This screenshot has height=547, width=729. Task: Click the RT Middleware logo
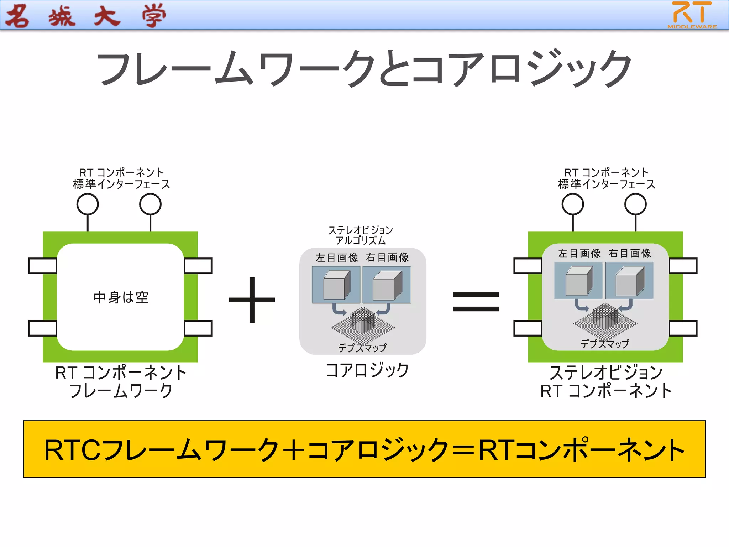click(x=692, y=15)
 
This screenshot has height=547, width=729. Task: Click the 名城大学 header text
click(x=85, y=16)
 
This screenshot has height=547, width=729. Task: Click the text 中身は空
click(x=121, y=297)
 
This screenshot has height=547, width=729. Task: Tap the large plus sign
click(x=252, y=300)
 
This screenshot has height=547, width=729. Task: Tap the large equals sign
click(x=476, y=301)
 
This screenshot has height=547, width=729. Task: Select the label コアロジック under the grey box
click(x=367, y=370)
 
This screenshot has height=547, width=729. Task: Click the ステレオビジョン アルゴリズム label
click(x=360, y=235)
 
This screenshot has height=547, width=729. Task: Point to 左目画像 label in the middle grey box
click(x=337, y=257)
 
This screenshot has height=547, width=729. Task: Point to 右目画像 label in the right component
click(x=629, y=253)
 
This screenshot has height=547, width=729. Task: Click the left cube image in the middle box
click(x=336, y=285)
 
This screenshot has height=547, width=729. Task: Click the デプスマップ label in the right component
click(x=604, y=344)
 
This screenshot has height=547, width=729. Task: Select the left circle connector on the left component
click(x=88, y=204)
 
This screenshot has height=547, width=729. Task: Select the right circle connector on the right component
click(x=635, y=204)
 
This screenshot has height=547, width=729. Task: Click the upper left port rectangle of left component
click(x=43, y=266)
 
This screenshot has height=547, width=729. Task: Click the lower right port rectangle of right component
click(x=683, y=328)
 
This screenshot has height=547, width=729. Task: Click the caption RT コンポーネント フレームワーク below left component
click(x=121, y=381)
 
